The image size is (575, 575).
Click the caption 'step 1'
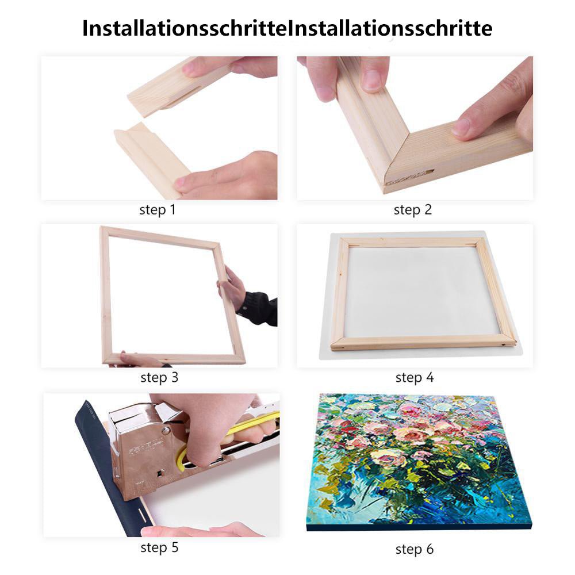[x=157, y=210]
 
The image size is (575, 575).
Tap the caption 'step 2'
[x=412, y=210]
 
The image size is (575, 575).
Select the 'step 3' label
[x=159, y=378]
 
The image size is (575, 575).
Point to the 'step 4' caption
[x=414, y=378]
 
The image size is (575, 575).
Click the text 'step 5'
[x=159, y=547]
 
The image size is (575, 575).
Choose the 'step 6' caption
[x=414, y=549]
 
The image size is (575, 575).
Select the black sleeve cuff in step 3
[x=259, y=308]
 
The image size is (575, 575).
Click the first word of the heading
[x=184, y=28]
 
